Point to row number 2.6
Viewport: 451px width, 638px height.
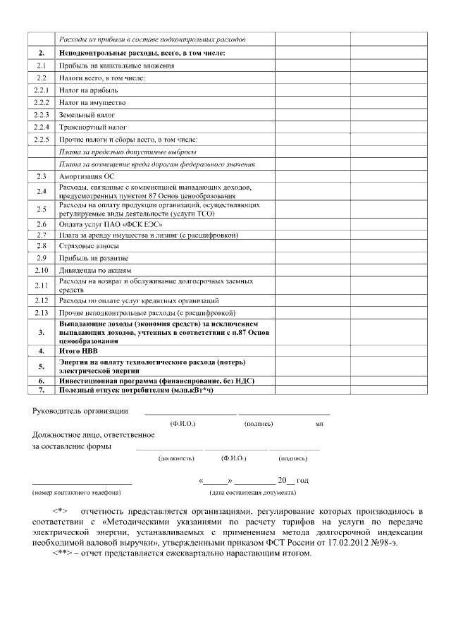coord(42,223)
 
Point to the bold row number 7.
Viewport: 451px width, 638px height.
coord(42,389)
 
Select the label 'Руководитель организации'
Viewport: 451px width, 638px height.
coord(80,411)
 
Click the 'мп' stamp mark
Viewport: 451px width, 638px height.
coord(319,424)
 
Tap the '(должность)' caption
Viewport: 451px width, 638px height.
coord(176,458)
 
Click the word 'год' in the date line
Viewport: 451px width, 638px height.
coord(302,479)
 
